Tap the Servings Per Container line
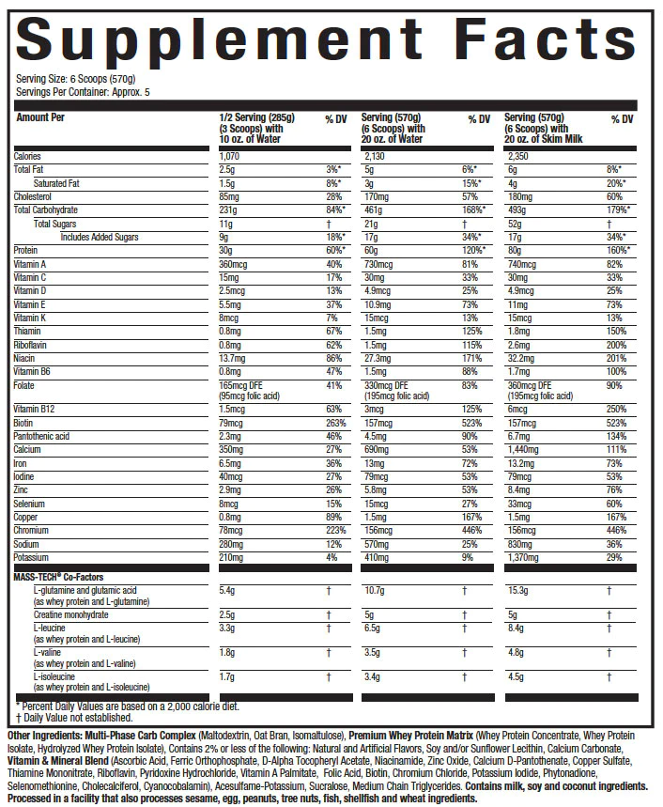click(x=83, y=92)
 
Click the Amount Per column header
click(x=39, y=118)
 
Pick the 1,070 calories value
click(x=231, y=156)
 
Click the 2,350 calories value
click(x=518, y=156)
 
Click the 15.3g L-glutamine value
click(x=517, y=590)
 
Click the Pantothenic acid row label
click(x=43, y=436)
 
